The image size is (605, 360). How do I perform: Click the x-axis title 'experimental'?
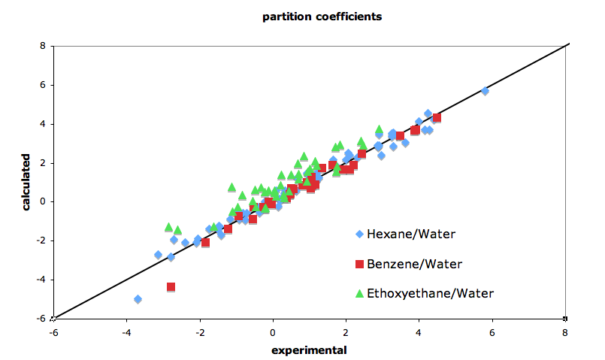[x=310, y=349]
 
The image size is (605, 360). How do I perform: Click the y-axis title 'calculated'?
[x=26, y=183]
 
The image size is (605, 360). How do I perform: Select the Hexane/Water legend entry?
[x=410, y=234]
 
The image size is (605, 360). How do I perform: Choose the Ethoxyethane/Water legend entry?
[x=425, y=293]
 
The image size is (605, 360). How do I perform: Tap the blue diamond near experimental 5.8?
[x=485, y=91]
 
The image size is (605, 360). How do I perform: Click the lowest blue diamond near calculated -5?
[x=138, y=299]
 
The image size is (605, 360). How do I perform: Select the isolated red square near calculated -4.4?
[x=171, y=287]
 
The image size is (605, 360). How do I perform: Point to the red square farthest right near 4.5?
[x=437, y=118]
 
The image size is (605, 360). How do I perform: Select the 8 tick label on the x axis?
[x=565, y=331]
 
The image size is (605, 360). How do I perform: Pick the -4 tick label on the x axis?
[x=127, y=331]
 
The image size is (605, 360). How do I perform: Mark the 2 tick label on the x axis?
[x=346, y=331]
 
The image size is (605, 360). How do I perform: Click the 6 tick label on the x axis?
[x=492, y=331]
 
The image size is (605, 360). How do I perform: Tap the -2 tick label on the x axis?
[x=200, y=331]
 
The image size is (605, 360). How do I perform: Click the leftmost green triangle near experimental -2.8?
[x=169, y=227]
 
